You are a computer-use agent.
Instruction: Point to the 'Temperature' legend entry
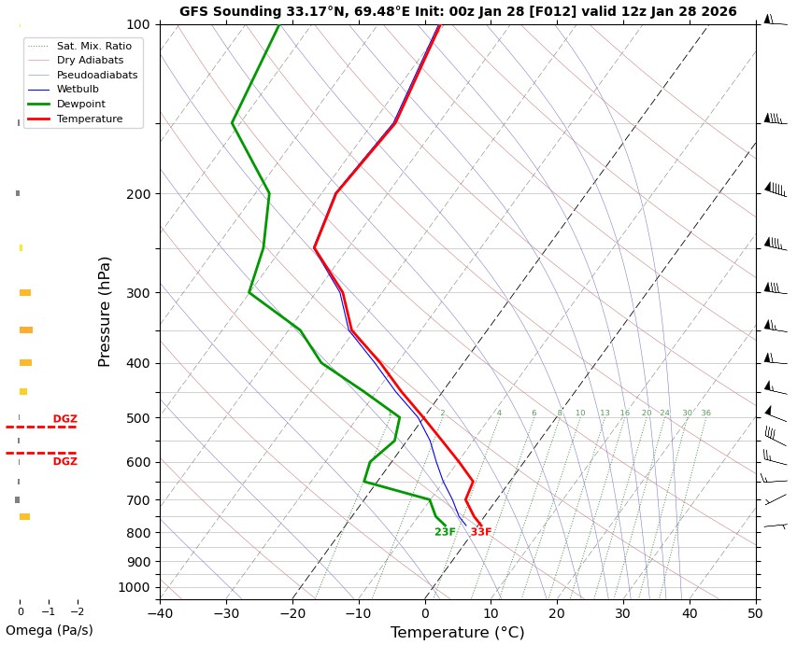[x=89, y=119]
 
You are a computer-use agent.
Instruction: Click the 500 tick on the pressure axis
[x=138, y=418]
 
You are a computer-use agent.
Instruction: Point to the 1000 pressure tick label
[x=135, y=587]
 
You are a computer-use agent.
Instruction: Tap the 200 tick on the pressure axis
[x=138, y=194]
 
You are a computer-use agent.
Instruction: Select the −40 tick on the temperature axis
[x=160, y=613]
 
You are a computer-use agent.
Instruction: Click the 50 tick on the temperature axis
[x=755, y=613]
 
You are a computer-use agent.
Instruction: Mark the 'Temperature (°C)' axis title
[x=457, y=633]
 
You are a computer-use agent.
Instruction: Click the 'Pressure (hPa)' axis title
[x=106, y=311]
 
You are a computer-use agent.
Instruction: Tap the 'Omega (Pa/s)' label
[x=49, y=631]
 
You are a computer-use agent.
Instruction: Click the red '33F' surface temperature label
[x=480, y=532]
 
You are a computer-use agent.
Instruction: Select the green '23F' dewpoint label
[x=445, y=532]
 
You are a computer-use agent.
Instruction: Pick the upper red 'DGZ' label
[x=64, y=419]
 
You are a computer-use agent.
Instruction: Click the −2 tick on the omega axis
[x=75, y=612]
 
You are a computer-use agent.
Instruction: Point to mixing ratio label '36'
[x=705, y=414]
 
